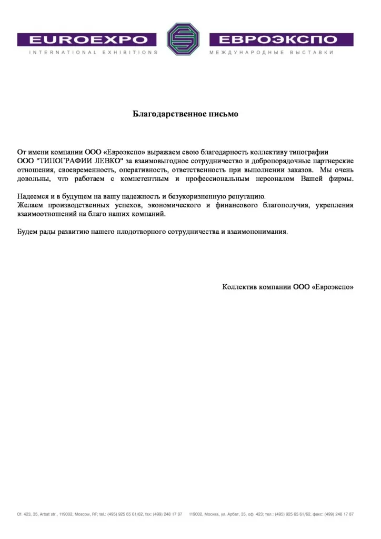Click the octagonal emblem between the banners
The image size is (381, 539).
click(184, 39)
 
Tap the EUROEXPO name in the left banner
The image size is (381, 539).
click(87, 39)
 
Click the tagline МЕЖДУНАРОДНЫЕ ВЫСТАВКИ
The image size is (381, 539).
click(272, 53)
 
